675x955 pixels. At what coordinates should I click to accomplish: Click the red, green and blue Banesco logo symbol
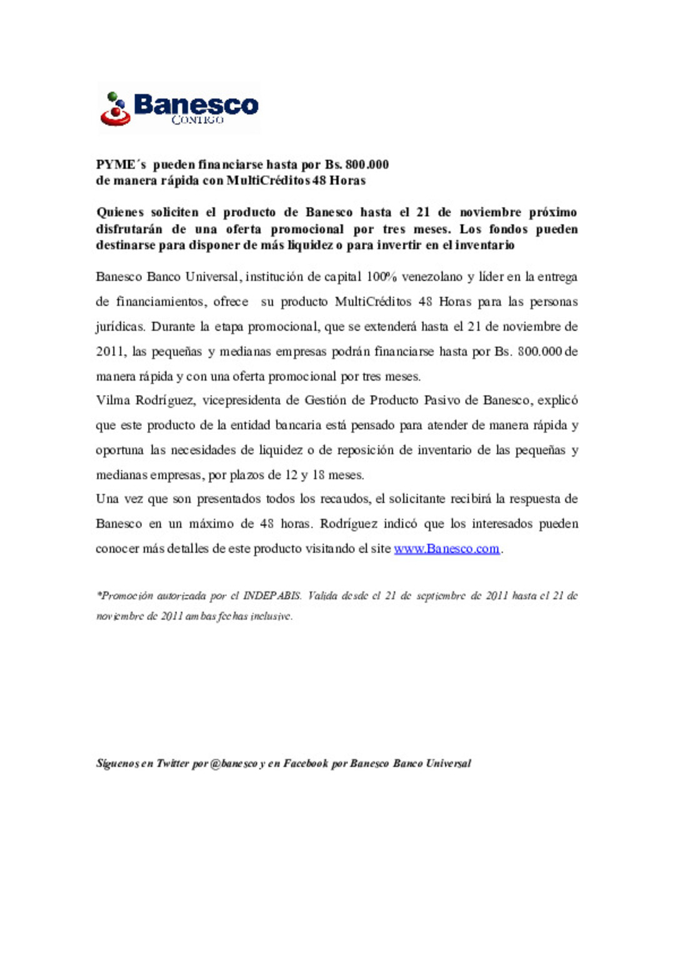[115, 109]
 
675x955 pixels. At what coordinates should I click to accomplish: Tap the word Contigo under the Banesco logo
[197, 120]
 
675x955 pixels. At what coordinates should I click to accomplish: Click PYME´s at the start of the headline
[121, 165]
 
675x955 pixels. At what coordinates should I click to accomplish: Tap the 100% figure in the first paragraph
[381, 277]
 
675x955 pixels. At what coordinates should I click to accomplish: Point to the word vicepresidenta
[241, 401]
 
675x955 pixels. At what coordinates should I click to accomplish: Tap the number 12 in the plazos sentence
[291, 476]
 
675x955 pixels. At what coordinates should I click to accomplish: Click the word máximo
[211, 524]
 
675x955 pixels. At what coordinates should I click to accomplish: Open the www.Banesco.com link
[446, 549]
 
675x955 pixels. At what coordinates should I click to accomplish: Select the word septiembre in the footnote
[441, 596]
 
